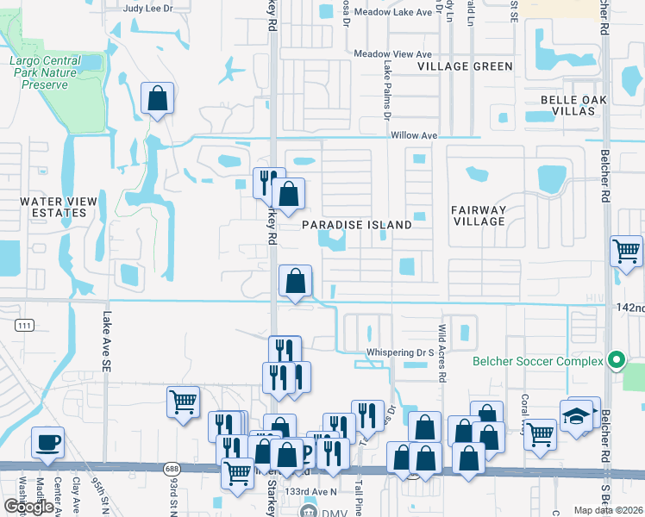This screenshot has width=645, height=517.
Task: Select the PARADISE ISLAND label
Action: pos(357,225)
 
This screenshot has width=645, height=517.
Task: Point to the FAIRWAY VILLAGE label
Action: pos(479,215)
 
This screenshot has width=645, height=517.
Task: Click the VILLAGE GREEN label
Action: pos(465,66)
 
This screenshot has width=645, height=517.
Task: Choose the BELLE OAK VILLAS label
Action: pos(574,106)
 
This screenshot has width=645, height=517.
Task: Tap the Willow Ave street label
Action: pos(414,136)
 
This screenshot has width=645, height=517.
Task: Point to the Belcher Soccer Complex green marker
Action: pos(616,359)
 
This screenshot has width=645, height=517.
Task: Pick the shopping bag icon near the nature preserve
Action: pos(158,99)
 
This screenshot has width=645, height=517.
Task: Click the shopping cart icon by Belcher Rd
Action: pos(626,252)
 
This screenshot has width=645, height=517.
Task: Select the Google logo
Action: pos(28,507)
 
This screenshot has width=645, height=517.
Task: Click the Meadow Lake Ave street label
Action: pos(393,13)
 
